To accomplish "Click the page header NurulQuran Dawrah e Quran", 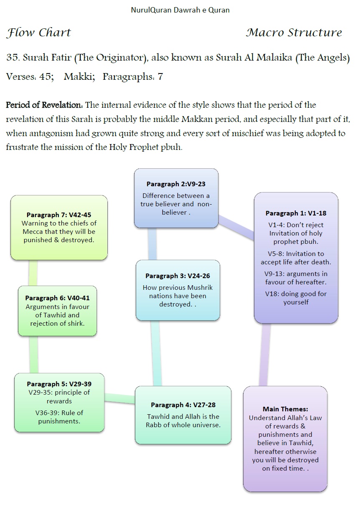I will coord(180,10).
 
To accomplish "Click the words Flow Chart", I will coord(39,33).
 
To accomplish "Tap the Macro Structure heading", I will coord(294,33).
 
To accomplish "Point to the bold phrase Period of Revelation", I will coord(44,105).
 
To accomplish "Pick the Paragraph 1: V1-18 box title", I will coord(296,213).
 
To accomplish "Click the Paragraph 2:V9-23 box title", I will coord(176,184).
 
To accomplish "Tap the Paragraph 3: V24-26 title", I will coord(177,276).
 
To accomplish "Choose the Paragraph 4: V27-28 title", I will coord(183,405).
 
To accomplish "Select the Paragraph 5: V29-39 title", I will coord(59,384).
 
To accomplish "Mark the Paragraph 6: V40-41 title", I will coord(57,298).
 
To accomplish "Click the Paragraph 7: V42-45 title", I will coord(59,215).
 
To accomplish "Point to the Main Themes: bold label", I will coord(285,409).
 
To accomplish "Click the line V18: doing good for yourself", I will coord(296,298).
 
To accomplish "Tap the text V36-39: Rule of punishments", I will coord(59,417).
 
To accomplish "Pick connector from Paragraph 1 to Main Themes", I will coord(264,355).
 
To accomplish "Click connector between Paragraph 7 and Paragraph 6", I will coord(33,273).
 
